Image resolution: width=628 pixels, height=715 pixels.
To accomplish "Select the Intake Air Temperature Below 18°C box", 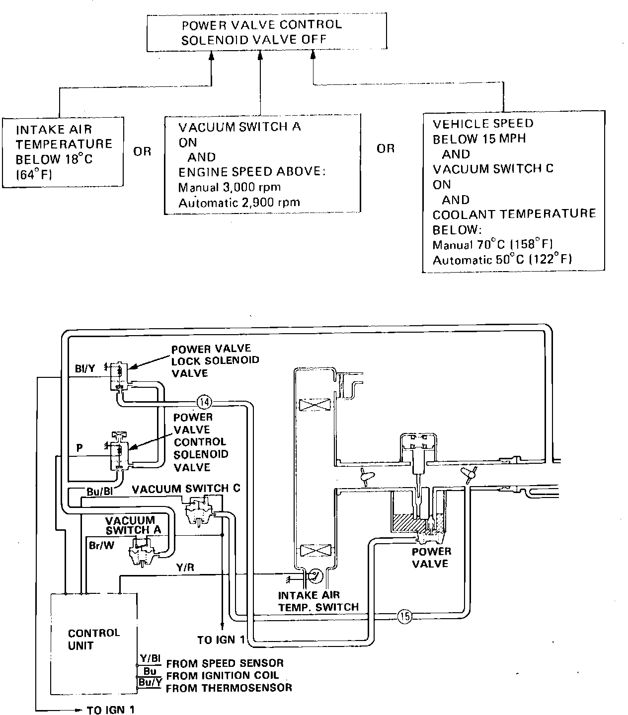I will [63, 151].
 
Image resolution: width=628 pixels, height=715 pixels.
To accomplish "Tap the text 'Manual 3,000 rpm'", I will [230, 187].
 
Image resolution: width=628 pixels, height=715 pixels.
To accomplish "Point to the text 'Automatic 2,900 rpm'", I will [239, 202].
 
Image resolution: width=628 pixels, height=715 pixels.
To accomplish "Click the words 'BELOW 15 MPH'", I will [479, 139].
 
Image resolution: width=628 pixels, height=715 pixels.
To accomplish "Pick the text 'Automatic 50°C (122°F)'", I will [502, 260].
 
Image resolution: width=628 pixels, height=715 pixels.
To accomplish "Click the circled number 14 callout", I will [204, 401].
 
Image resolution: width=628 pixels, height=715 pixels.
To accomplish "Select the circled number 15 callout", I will [405, 616].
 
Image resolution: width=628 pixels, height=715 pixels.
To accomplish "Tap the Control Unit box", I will [94, 639].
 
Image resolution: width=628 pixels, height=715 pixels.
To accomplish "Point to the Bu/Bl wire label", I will [99, 492].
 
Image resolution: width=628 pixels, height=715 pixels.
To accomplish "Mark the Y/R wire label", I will [185, 567].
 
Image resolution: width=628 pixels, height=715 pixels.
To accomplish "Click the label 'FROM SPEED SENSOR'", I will [225, 663].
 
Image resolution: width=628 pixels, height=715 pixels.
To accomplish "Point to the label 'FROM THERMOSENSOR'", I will [229, 688].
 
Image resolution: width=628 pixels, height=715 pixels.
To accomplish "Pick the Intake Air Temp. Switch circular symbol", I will [315, 576].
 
